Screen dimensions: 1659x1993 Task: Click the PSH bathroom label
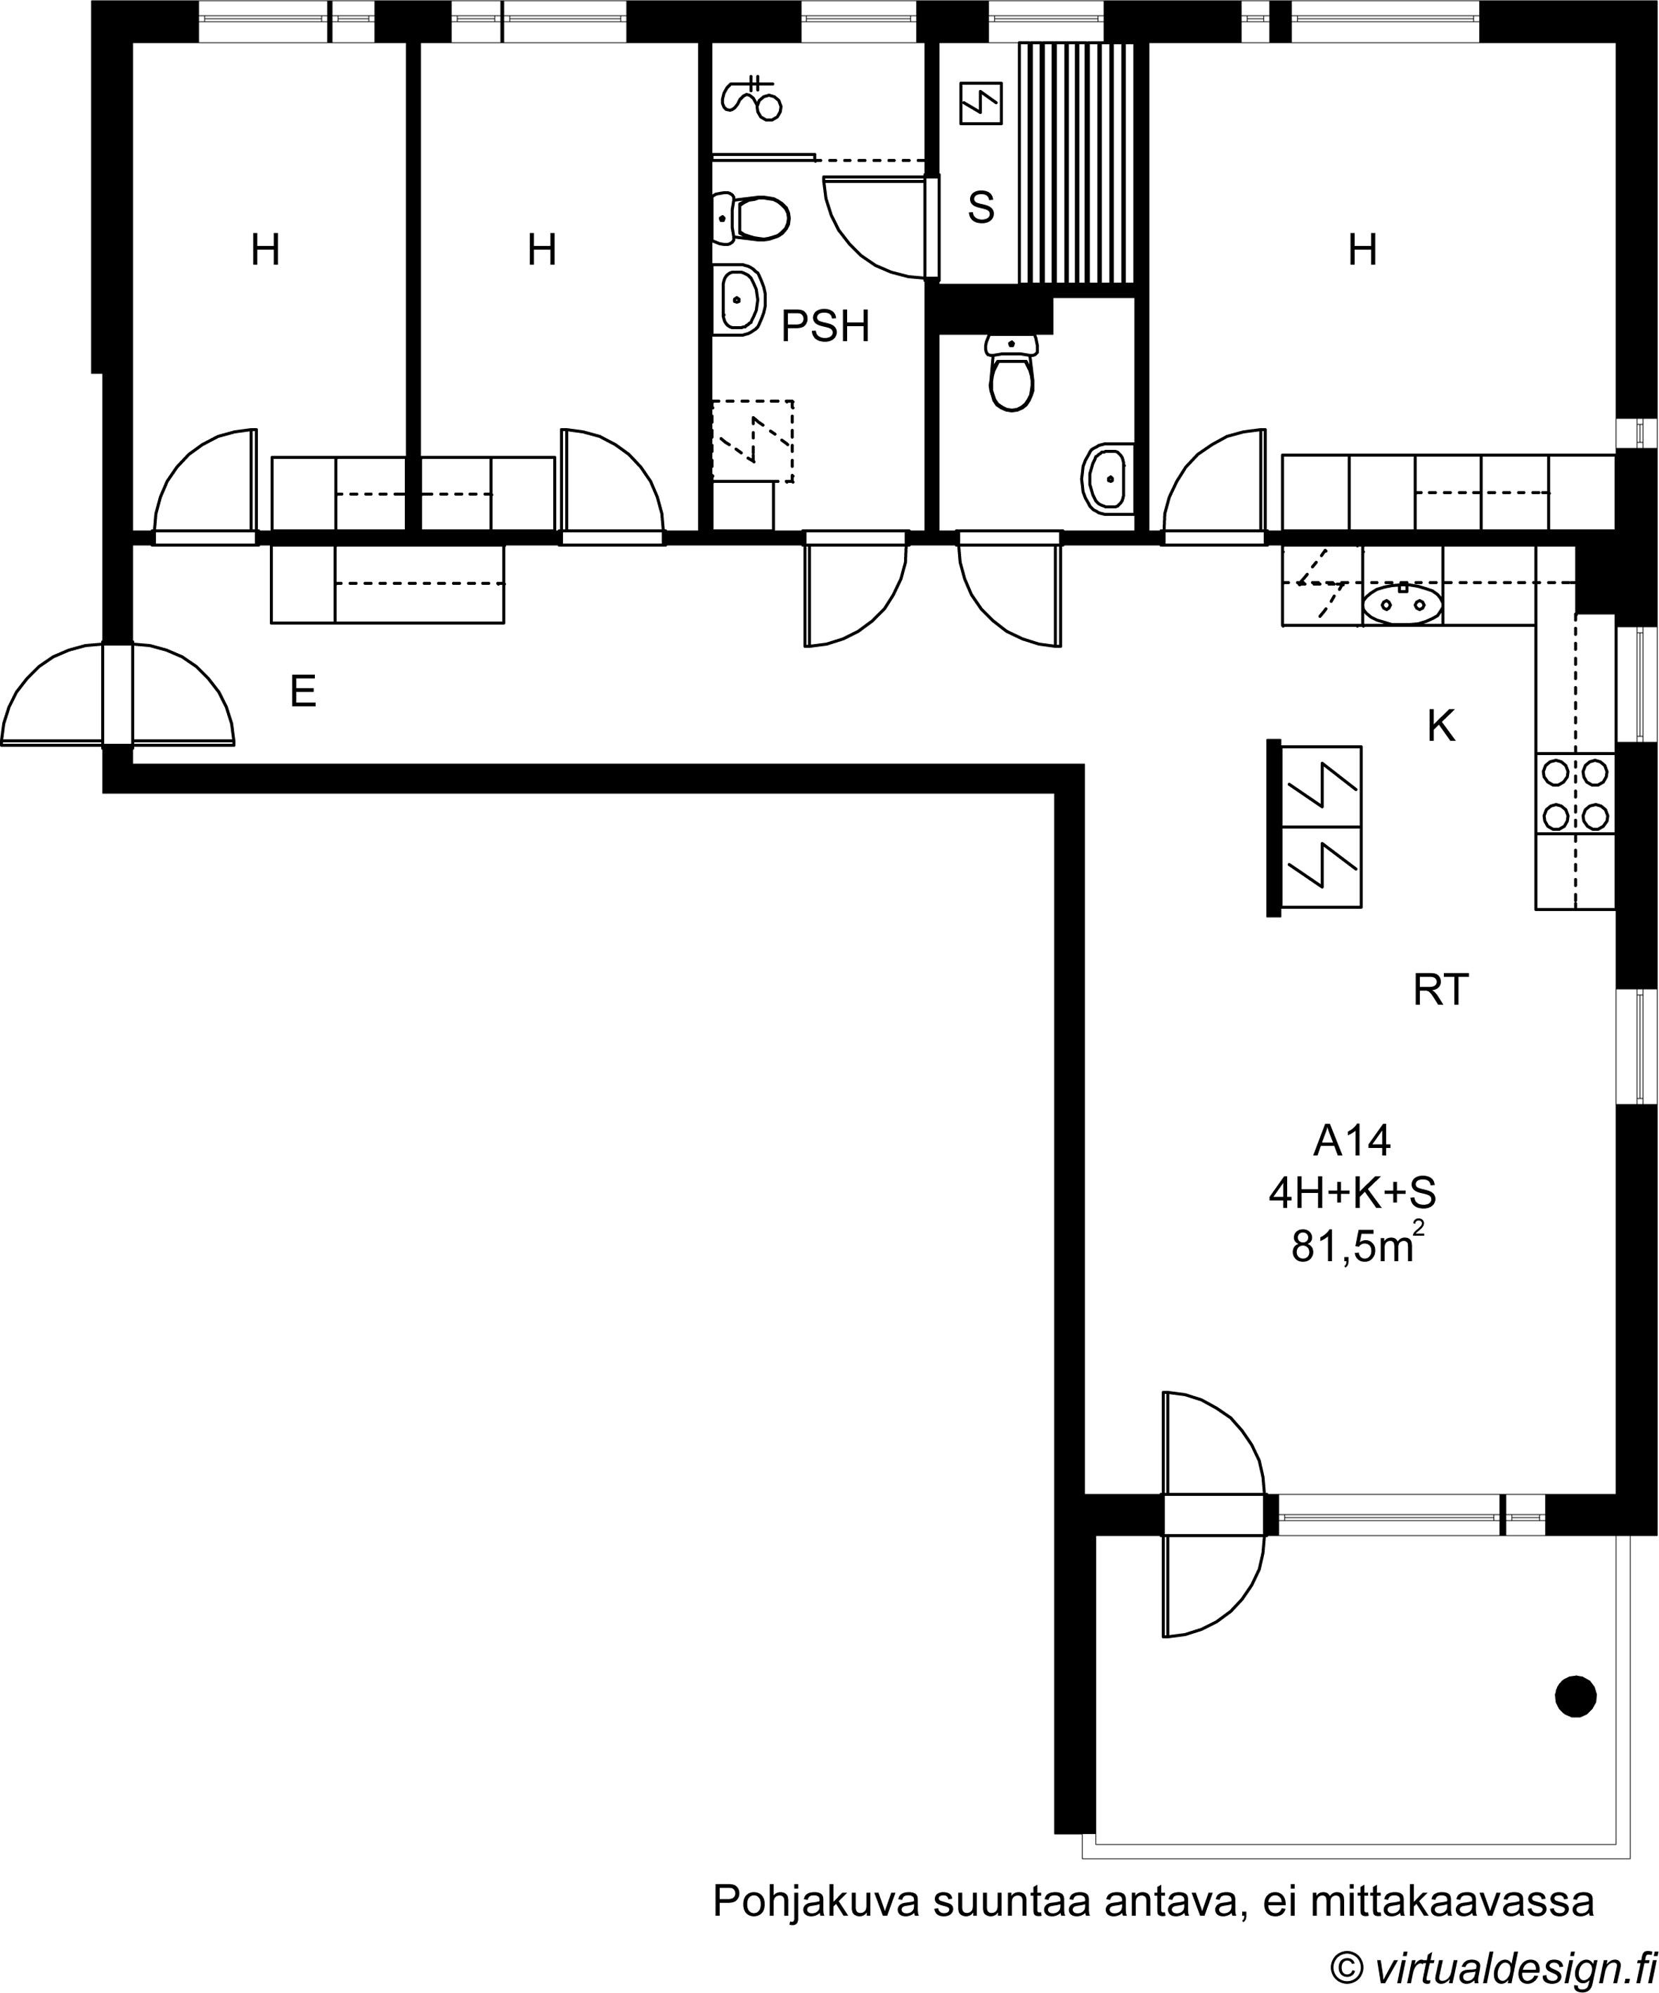[825, 326]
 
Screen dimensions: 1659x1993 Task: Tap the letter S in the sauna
[981, 207]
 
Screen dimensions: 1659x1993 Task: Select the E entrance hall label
[303, 692]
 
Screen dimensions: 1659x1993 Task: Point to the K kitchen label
[1440, 727]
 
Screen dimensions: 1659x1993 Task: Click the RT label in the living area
[1440, 991]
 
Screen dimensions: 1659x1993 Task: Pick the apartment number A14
[1352, 1141]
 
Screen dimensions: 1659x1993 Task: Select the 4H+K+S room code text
[1353, 1194]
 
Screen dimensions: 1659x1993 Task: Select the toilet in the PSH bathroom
[751, 217]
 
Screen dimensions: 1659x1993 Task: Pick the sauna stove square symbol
[981, 103]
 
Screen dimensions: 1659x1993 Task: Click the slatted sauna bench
[1077, 163]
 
